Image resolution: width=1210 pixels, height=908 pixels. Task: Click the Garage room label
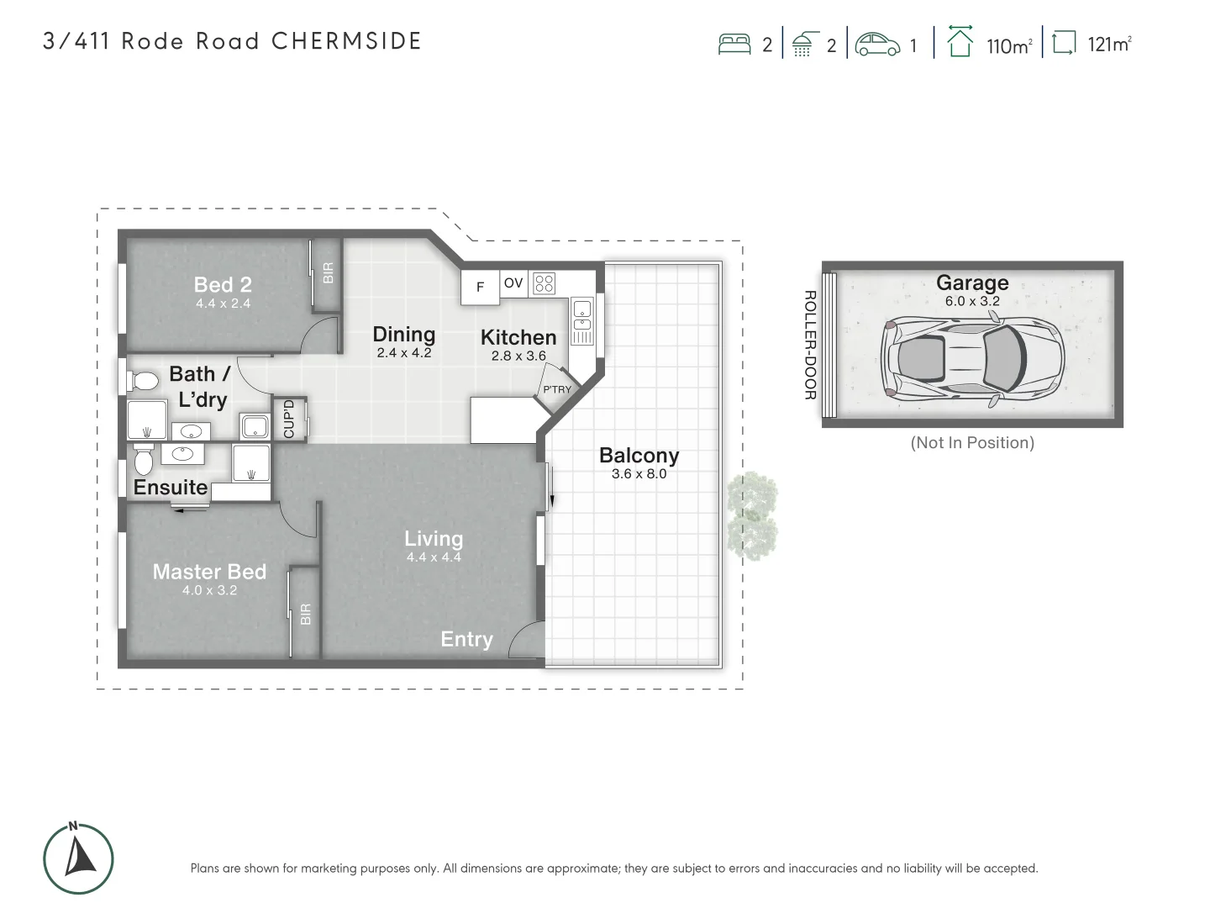[972, 283]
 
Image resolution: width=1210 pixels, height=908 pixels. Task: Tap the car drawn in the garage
[972, 357]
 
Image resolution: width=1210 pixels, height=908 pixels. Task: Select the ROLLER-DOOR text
[810, 345]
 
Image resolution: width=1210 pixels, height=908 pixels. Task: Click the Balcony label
[639, 456]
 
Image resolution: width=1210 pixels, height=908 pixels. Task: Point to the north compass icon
[78, 858]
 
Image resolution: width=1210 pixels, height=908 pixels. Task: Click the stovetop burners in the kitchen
[544, 284]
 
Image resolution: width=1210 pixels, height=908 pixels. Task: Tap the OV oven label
[513, 283]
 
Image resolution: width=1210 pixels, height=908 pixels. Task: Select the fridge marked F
[480, 288]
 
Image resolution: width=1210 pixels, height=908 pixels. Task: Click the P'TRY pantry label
[556, 389]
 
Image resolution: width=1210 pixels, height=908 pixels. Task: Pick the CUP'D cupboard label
[289, 419]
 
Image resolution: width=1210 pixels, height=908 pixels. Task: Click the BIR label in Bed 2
[329, 272]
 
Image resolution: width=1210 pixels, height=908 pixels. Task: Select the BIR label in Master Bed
[305, 614]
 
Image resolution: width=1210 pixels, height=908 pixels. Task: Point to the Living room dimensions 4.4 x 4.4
[434, 557]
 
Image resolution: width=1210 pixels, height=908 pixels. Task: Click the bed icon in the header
[734, 44]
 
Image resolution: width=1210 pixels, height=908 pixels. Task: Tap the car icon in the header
[877, 44]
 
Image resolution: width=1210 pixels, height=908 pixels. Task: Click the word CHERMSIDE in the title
[346, 41]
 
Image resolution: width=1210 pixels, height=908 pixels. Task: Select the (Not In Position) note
[972, 443]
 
